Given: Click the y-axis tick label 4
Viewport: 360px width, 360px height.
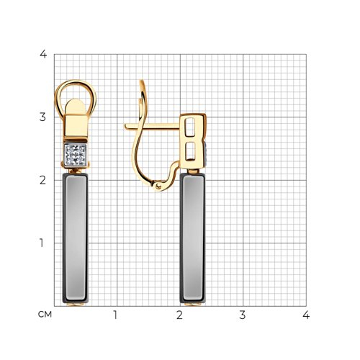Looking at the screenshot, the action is [43, 54].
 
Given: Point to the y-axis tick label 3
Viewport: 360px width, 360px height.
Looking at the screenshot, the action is [42, 117].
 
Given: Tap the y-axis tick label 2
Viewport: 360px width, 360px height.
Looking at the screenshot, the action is [42, 180].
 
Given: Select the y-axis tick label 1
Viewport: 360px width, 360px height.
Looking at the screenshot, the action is [42, 243].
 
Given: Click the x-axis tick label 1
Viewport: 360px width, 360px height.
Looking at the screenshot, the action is [115, 315].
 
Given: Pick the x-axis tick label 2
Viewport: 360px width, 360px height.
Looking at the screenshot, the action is [179, 315].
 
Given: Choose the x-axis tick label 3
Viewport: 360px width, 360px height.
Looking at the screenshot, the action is [243, 315].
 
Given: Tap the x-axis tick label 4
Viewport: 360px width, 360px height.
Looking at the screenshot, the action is [306, 315].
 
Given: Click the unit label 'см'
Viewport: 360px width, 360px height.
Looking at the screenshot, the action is [45, 315].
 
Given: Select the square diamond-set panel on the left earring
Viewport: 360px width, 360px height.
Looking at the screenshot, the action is [76, 156].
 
